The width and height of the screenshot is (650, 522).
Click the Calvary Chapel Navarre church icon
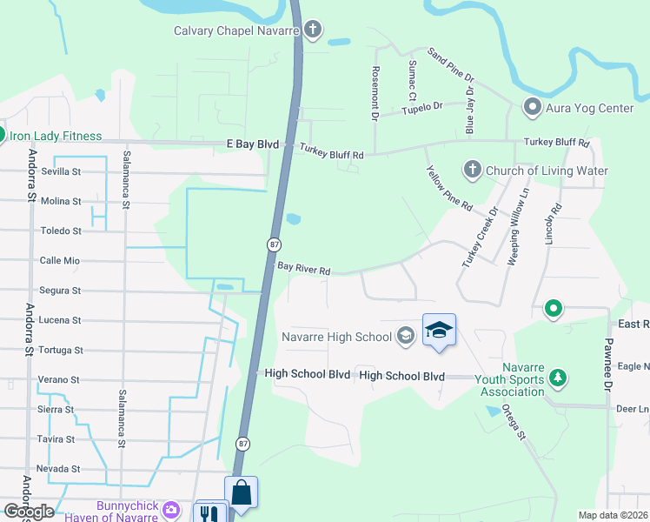313,31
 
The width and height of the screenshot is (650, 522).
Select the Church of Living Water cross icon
472,171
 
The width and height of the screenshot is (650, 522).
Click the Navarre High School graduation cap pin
439,331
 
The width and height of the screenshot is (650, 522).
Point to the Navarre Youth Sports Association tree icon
559,378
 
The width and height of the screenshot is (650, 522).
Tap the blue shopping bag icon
241,493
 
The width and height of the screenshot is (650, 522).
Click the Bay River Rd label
304,271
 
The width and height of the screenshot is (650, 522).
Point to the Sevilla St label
61,171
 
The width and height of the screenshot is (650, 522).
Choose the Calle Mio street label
60,260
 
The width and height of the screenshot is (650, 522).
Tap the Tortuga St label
60,350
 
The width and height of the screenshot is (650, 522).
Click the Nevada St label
59,468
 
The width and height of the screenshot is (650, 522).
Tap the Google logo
29,512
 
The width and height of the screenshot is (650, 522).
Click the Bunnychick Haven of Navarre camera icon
172,508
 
